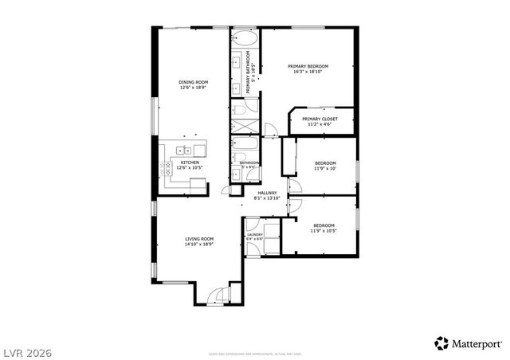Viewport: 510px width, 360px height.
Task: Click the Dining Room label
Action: click(x=193, y=82)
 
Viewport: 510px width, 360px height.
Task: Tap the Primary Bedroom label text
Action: click(x=308, y=66)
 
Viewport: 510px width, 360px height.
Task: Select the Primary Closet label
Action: click(x=319, y=119)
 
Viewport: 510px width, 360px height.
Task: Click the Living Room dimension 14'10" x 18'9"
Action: click(x=199, y=245)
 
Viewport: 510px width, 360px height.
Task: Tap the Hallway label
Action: click(x=267, y=192)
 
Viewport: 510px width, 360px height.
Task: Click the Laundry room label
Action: click(x=254, y=234)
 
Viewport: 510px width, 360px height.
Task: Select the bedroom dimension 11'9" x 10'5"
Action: click(x=324, y=231)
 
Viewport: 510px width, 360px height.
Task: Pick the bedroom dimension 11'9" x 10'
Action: click(x=325, y=168)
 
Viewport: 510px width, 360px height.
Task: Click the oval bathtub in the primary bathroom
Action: click(x=245, y=38)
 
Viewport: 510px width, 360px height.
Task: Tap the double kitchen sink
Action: click(x=185, y=149)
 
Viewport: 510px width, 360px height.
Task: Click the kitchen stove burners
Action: click(x=167, y=167)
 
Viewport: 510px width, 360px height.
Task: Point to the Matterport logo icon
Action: click(x=441, y=343)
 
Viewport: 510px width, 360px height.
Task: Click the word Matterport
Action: click(x=478, y=344)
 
